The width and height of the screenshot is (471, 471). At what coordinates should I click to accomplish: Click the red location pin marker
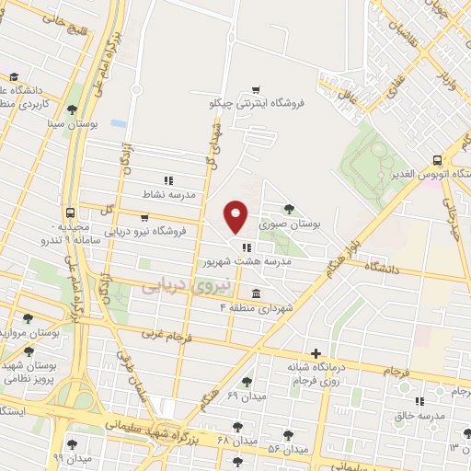point(236,216)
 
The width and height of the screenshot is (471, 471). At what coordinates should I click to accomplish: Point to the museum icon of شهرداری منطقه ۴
point(255,293)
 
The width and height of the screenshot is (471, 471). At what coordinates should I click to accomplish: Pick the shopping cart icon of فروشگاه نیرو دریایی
point(144,218)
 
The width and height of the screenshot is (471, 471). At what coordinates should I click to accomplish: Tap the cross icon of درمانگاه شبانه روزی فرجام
point(316,352)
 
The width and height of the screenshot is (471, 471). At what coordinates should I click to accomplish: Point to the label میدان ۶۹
point(246,396)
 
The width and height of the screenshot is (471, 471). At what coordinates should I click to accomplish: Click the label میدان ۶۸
point(235,442)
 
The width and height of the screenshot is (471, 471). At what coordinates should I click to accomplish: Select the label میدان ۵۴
point(287,449)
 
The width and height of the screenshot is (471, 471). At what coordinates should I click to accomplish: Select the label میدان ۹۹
point(72,457)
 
